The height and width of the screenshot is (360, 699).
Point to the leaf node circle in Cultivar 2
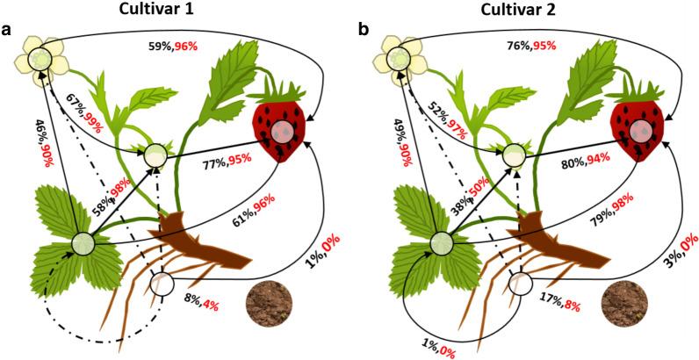click(441, 242)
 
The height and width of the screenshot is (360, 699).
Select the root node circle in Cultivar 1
click(162, 284)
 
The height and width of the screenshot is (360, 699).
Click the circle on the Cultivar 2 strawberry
click(641, 131)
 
